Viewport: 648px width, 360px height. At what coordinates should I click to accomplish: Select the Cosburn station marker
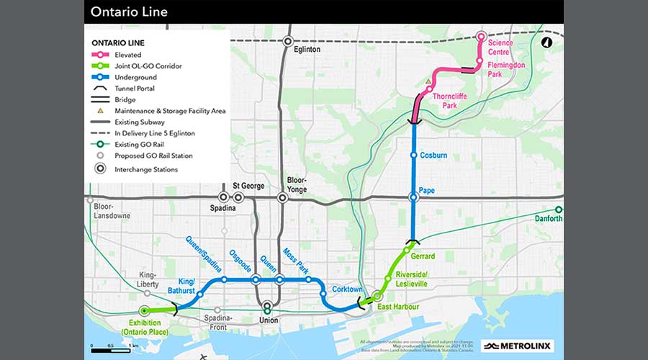tap(413, 156)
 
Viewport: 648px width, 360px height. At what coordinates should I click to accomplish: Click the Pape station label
tap(427, 192)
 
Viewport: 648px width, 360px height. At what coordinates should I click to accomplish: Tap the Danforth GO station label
tap(549, 219)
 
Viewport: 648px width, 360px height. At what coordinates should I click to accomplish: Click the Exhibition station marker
tap(145, 311)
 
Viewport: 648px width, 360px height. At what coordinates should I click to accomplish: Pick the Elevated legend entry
tap(126, 55)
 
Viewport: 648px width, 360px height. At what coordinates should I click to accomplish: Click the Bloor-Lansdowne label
tap(109, 210)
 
